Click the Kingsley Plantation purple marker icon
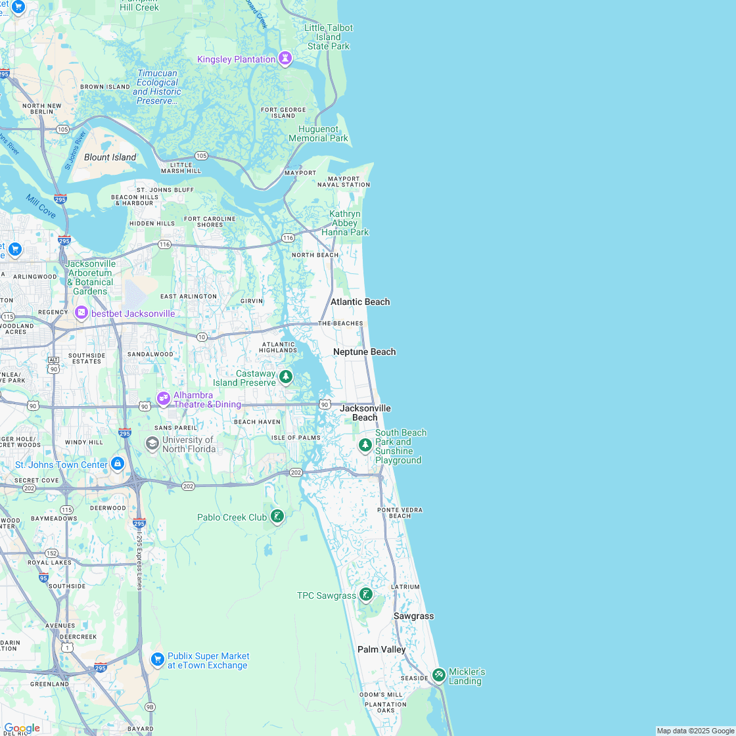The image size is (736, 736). tap(285, 58)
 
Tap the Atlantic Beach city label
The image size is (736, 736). tap(360, 302)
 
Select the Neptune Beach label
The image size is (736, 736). tap(364, 352)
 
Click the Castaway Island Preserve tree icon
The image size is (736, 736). tap(286, 377)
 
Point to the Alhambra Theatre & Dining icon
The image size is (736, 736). tap(163, 398)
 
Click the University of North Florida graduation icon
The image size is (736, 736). tap(152, 444)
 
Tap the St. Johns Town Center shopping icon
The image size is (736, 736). tap(118, 464)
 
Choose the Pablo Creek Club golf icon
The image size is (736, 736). tap(277, 517)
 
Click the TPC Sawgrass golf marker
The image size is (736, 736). tap(366, 595)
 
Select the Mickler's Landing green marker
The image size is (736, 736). tap(439, 675)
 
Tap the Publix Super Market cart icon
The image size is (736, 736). tap(157, 659)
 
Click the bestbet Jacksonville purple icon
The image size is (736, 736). tap(81, 313)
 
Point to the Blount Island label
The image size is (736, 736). tap(110, 157)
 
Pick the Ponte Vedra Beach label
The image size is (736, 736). tap(400, 513)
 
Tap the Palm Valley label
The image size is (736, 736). tap(381, 649)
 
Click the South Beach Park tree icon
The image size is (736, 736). tap(365, 446)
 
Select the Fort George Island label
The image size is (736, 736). tap(283, 112)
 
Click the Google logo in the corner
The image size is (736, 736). tap(22, 727)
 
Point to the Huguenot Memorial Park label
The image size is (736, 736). tap(319, 133)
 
